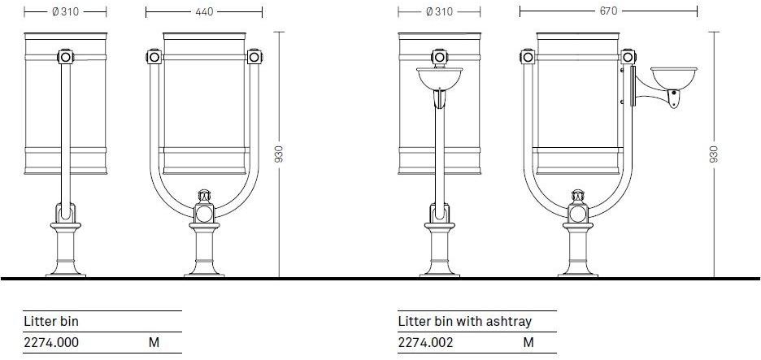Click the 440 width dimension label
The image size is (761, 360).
click(204, 11)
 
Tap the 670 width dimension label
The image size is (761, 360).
click(608, 11)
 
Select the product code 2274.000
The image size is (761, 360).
click(51, 343)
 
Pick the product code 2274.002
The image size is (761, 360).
click(426, 343)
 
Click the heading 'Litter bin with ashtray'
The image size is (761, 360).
click(465, 321)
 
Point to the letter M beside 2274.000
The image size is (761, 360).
click(154, 343)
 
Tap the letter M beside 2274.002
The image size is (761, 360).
click(528, 343)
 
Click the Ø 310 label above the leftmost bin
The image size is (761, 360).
click(65, 11)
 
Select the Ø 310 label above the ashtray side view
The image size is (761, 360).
click(439, 11)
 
